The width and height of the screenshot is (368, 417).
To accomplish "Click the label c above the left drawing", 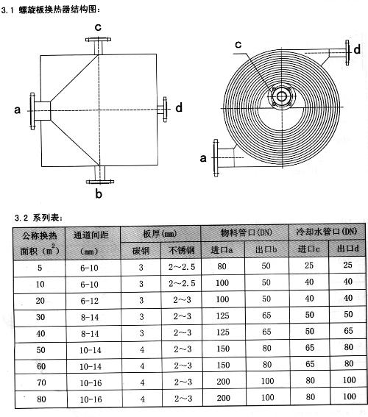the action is pos(98,27).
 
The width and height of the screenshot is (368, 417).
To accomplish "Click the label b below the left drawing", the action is pos(99,194).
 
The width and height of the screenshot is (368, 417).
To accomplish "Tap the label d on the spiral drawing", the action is pos(357,49).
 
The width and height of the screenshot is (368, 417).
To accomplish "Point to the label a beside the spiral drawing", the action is pos(203,158).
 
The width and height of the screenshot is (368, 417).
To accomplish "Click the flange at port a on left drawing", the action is pos(32,111).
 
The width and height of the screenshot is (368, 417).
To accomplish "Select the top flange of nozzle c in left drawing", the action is pos(98,40).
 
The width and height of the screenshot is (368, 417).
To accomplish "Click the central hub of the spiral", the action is pos(282,96).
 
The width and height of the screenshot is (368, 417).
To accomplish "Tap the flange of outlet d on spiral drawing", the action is pos(347,53).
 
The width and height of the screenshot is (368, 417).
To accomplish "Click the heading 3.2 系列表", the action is pos(39,218).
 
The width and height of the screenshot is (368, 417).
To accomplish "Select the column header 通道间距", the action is pos(91,235).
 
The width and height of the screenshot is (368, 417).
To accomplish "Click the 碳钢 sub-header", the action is pos(141,251).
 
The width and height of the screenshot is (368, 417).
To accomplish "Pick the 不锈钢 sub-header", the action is pos(182,250).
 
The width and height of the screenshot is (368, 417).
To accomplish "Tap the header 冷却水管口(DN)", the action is pos(327,232).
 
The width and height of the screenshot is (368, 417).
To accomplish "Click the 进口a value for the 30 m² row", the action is pos(222,316).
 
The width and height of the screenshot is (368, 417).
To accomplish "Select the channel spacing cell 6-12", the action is pos(89,301).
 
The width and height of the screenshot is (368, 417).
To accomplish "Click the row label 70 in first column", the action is pos(41,382).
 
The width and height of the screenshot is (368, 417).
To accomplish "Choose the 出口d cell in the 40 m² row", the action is pos(348,330).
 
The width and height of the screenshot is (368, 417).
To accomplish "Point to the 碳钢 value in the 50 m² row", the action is pos(142,349).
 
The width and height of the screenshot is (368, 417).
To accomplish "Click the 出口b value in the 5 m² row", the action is pos(266,265).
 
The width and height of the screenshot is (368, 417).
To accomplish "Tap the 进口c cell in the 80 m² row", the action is pos(311,397).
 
